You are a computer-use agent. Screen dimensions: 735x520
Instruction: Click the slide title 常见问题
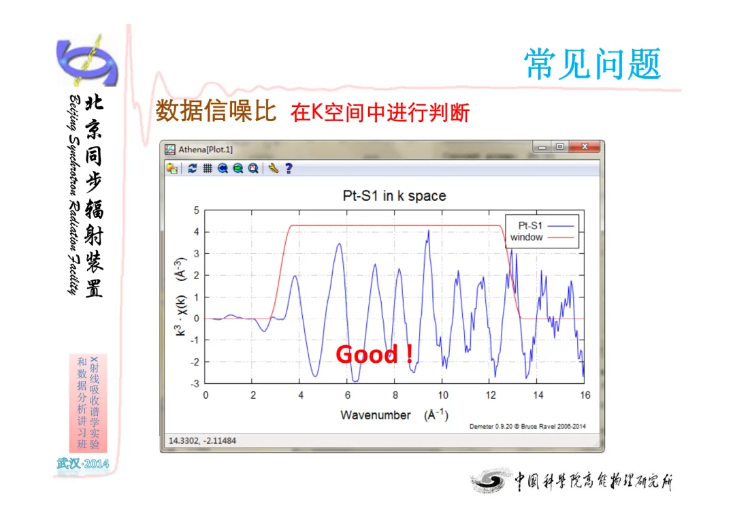(x=593, y=64)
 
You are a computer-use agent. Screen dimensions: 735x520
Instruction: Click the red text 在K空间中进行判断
(x=380, y=112)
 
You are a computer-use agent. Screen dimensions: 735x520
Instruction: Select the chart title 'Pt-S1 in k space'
(x=394, y=195)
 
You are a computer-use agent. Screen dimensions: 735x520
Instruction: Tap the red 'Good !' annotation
(x=374, y=354)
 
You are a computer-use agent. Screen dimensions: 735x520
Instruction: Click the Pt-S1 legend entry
(x=546, y=225)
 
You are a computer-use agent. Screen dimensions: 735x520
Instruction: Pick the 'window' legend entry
(x=542, y=238)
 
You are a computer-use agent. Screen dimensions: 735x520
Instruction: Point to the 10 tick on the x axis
(x=443, y=395)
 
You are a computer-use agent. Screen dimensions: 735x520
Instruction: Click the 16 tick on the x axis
(x=585, y=395)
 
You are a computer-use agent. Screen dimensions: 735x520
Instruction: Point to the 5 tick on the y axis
(x=197, y=210)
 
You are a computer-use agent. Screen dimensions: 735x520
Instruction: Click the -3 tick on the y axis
(x=195, y=384)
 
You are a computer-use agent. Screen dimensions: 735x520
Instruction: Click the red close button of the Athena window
(x=584, y=147)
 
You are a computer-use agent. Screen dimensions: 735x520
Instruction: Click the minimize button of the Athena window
(x=542, y=147)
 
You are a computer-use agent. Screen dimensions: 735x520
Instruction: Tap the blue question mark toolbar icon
(x=289, y=168)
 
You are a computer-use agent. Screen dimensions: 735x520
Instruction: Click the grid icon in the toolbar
(x=207, y=168)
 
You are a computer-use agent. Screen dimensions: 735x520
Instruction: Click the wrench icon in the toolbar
(x=274, y=168)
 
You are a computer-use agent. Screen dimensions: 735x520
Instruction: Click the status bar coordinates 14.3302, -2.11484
(x=202, y=441)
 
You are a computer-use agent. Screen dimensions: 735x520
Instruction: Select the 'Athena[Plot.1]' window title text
(x=206, y=150)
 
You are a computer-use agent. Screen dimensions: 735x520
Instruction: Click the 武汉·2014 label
(x=83, y=464)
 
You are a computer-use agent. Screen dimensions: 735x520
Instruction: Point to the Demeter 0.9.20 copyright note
(x=527, y=426)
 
